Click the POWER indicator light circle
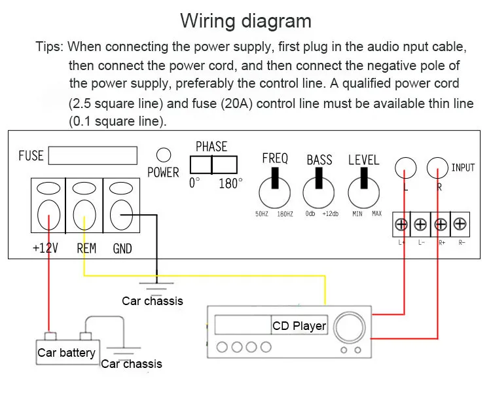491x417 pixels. point(164,155)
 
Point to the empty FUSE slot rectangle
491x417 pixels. point(93,156)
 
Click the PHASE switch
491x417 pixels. point(213,165)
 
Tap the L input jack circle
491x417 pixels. point(405,168)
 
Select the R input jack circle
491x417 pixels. point(437,168)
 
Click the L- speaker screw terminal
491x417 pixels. point(420,225)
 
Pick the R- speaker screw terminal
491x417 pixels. point(460,224)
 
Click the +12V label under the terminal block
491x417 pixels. point(45,248)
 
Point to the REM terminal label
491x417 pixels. point(86,248)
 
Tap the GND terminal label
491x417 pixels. point(122,249)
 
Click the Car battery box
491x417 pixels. point(68,352)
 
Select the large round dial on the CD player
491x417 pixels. point(350,327)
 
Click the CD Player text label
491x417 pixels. point(299,326)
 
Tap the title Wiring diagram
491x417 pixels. point(245,22)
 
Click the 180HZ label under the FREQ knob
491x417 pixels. point(285,214)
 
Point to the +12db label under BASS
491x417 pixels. point(331,214)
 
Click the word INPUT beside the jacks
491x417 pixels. point(463,168)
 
